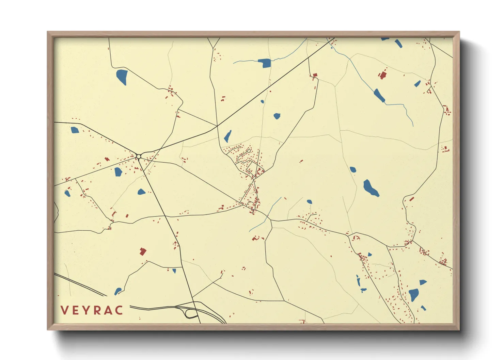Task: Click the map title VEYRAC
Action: (x=92, y=310)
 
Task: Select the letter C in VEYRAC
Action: (x=119, y=310)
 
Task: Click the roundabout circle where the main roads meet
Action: (x=139, y=157)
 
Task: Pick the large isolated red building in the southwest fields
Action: (x=143, y=251)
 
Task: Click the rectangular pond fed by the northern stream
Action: (x=264, y=63)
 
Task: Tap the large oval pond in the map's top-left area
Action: (x=122, y=77)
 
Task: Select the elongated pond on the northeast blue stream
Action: (x=379, y=95)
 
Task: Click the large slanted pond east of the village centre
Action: (x=371, y=188)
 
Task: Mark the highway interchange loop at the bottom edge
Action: (x=191, y=313)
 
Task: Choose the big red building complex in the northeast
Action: (x=382, y=75)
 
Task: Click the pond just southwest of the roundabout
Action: (x=118, y=172)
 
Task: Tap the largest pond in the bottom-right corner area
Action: (x=414, y=294)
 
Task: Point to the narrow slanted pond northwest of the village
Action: (x=227, y=136)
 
